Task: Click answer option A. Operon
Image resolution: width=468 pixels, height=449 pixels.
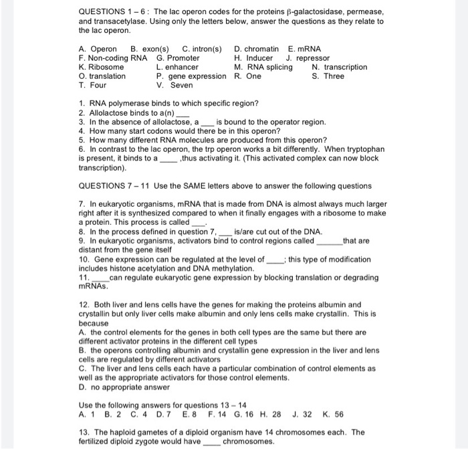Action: (x=98, y=49)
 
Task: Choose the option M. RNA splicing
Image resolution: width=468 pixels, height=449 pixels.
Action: (x=263, y=67)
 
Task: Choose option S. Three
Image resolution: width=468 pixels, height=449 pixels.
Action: (x=328, y=76)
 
